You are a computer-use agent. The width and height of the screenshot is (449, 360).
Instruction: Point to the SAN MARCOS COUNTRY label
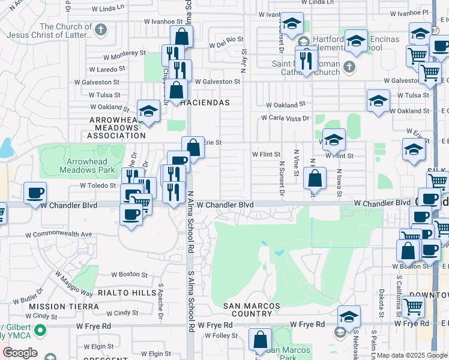click(252, 310)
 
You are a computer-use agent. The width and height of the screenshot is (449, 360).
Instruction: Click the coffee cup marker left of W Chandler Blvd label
click(35, 193)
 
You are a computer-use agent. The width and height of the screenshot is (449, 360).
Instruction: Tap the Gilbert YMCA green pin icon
click(40, 331)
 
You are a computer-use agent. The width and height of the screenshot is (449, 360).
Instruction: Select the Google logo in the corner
click(20, 353)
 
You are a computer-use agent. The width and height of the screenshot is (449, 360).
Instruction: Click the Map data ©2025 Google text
click(412, 355)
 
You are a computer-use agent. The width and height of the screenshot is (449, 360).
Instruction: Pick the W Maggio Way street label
click(74, 284)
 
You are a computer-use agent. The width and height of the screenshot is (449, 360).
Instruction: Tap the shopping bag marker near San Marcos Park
click(260, 340)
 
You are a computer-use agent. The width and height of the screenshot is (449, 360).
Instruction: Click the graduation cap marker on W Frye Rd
click(349, 316)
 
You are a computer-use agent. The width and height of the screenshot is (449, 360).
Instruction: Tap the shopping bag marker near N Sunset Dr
click(315, 178)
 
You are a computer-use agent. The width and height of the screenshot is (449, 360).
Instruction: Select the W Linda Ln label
click(111, 8)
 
